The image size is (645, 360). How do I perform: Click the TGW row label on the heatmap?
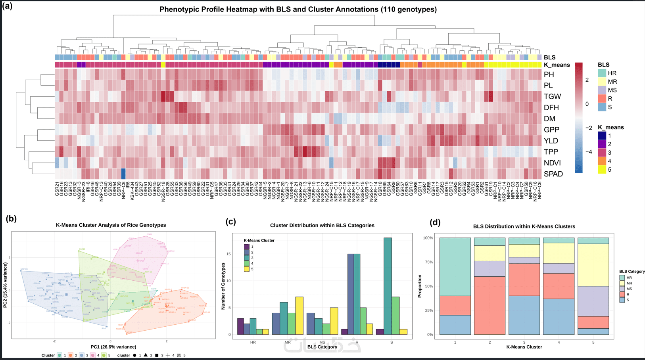552,96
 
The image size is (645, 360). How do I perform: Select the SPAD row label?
553,174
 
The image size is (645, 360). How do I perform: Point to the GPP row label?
551,130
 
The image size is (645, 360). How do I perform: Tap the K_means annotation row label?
557,65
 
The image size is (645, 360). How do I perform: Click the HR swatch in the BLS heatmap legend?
602,73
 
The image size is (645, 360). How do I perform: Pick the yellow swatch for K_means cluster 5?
602,170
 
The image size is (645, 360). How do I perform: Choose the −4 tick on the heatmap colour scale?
589,152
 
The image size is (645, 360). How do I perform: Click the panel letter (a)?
7,6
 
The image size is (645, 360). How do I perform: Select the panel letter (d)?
435,222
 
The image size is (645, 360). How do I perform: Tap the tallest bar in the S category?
388,286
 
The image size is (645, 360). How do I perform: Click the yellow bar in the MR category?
299,316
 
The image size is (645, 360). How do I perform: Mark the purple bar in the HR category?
240,326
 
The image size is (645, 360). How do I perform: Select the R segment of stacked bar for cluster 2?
490,305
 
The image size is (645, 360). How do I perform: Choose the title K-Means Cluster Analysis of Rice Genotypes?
111,225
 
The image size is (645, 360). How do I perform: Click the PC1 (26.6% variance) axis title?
113,347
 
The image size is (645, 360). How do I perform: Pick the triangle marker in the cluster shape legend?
146,355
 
